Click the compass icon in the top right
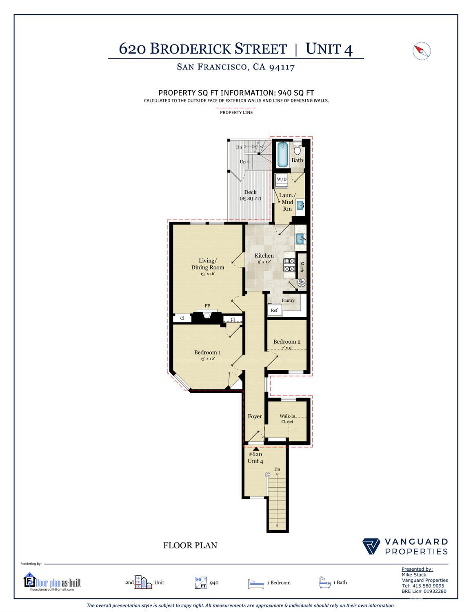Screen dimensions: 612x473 click(422, 51)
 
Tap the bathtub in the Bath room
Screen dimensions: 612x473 click(282, 154)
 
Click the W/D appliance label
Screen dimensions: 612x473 click(282, 179)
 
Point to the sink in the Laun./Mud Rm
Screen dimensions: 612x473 click(300, 205)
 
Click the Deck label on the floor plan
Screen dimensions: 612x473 click(250, 192)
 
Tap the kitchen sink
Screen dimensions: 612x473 click(300, 238)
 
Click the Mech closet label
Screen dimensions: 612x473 click(302, 267)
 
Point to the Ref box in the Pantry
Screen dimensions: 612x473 click(274, 310)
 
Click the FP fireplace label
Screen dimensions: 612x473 click(207, 306)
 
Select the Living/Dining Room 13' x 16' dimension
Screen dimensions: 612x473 click(208, 274)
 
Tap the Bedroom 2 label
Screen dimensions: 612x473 click(287, 342)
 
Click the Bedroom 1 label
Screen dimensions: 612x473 click(207, 352)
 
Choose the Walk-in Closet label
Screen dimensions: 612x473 click(286, 419)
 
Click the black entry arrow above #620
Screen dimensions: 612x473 click(256, 449)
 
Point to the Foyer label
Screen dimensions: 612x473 click(255, 416)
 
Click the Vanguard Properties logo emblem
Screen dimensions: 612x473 click(371, 547)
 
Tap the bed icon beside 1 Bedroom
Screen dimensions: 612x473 click(256, 583)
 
